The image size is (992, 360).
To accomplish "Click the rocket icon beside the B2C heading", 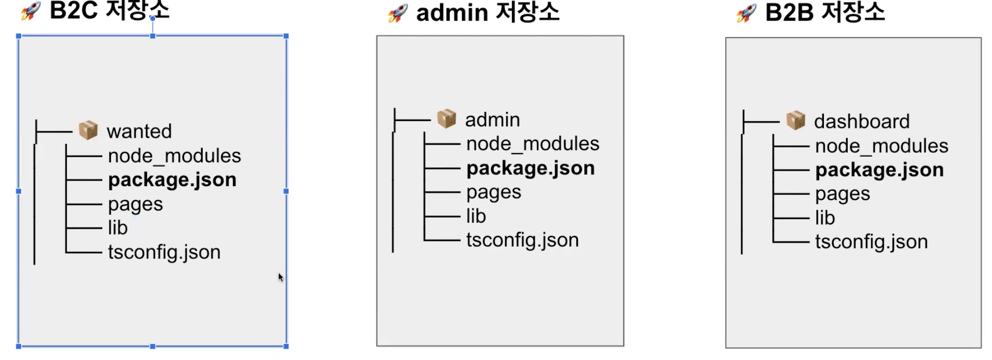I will [30, 10].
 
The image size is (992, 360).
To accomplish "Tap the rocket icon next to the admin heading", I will [398, 13].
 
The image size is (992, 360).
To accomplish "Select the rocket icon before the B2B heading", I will [746, 13].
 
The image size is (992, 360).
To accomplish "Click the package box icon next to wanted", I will [88, 130].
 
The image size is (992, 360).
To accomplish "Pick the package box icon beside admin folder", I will [447, 119].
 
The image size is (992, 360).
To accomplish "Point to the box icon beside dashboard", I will [796, 120].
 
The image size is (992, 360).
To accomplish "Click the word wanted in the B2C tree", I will [139, 132].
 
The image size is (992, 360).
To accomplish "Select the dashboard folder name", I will [862, 122].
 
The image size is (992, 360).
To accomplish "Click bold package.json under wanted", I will [172, 180].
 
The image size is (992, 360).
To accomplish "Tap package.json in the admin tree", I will [531, 169].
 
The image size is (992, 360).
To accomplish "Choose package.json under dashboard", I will [879, 170].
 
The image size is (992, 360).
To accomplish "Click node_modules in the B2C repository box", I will [174, 156].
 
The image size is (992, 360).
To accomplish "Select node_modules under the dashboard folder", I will [881, 146].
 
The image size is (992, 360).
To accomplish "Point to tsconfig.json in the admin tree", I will [522, 240].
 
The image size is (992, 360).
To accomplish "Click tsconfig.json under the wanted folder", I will [164, 252].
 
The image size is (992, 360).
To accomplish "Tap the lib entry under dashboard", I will [825, 218].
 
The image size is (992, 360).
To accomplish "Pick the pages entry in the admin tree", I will [493, 192].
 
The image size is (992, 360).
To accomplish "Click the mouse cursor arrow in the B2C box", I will [280, 277].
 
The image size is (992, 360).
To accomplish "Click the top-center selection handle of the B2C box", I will [153, 36].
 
